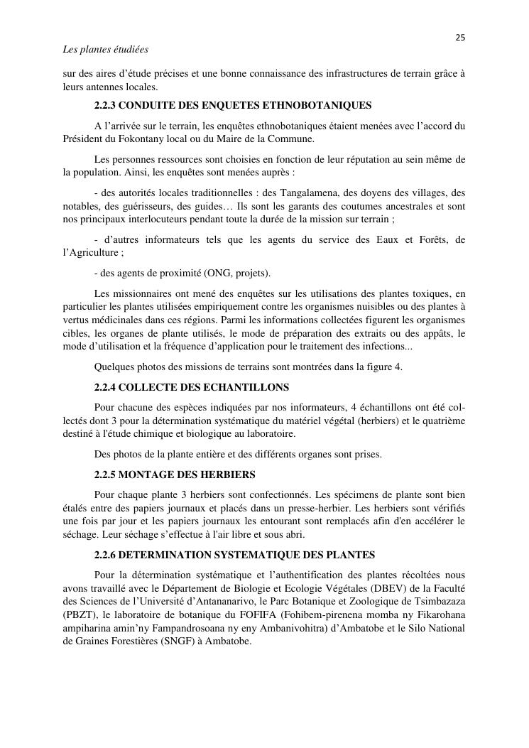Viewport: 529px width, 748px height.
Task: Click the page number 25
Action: pyautogui.click(x=460, y=38)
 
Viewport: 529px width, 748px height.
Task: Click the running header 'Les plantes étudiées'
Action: pyautogui.click(x=105, y=50)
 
